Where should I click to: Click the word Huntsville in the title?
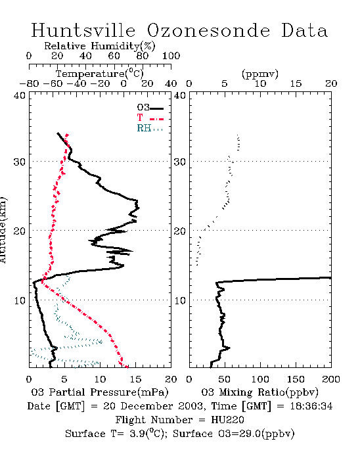[83, 30]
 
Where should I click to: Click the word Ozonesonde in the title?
[208, 30]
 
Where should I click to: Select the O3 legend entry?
[150, 108]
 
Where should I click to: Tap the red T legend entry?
[150, 118]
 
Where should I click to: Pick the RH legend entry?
[150, 128]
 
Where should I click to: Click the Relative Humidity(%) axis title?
[100, 46]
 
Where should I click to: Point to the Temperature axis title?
[100, 74]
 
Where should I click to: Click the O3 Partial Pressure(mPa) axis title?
[100, 392]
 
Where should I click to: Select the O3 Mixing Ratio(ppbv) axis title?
[259, 392]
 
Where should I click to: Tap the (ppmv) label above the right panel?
[260, 74]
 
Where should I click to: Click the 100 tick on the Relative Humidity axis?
[171, 56]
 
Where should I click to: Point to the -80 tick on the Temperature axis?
[29, 84]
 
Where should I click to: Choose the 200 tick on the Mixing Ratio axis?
[331, 379]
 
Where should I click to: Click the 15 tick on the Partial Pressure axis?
[135, 379]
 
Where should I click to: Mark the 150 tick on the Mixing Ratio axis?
[296, 379]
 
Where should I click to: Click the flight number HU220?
[227, 420]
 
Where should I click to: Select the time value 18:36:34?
[311, 406]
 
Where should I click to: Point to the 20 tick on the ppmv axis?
[331, 84]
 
